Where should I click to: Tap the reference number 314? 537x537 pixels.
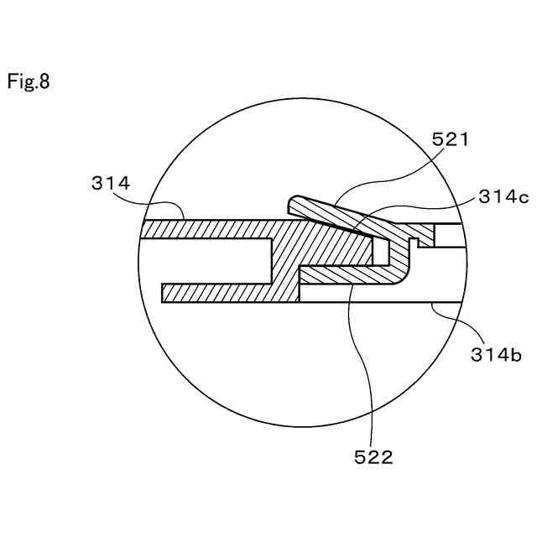[112, 183]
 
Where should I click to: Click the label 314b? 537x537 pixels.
[495, 355]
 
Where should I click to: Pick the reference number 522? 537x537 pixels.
[373, 456]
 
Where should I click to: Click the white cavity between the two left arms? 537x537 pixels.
[210, 261]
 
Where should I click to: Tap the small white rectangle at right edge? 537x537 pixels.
[448, 236]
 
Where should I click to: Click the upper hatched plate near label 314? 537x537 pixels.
[210, 229]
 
